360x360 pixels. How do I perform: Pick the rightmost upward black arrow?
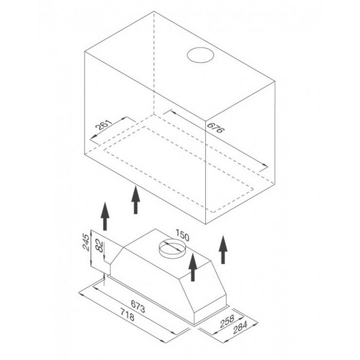pyautogui.click(x=224, y=250)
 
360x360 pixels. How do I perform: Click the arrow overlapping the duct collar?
pyautogui.click(x=193, y=267)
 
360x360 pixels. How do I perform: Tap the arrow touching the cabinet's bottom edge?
pyautogui.click(x=136, y=199)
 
